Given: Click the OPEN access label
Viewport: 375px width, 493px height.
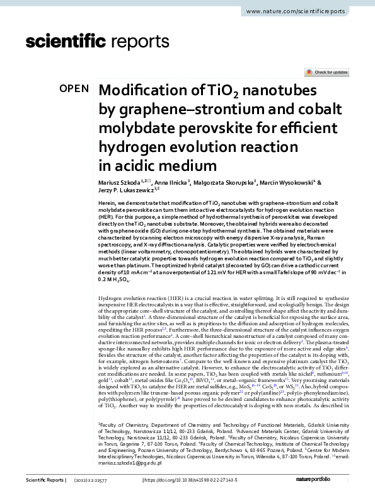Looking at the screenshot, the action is point(74,89).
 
